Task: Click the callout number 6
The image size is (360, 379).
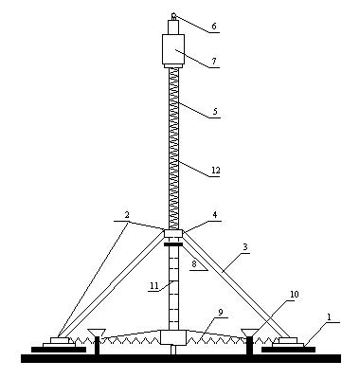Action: pos(214,27)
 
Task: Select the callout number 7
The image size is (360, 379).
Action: pos(214,62)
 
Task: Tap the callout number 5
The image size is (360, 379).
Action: pos(215,112)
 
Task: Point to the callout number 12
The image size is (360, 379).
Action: pos(216,171)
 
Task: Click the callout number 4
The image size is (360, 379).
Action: pos(215,215)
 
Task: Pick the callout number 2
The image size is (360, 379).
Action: pos(127,215)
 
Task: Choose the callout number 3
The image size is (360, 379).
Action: pos(246,247)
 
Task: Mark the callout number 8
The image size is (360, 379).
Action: pos(194,264)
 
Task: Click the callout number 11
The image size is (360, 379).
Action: pos(153,285)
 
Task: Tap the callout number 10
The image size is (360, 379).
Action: pos(294,295)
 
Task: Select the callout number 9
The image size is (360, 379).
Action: pos(221,312)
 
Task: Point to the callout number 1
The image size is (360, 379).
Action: pos(329,317)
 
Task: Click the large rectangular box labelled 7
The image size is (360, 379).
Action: pos(173,49)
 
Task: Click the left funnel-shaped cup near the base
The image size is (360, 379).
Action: pos(97,333)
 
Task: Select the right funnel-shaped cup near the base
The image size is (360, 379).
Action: pos(249,333)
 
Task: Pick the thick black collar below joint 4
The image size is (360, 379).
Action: pos(173,244)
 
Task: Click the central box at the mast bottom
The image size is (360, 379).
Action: pos(173,337)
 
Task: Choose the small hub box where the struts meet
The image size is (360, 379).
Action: pos(173,234)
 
